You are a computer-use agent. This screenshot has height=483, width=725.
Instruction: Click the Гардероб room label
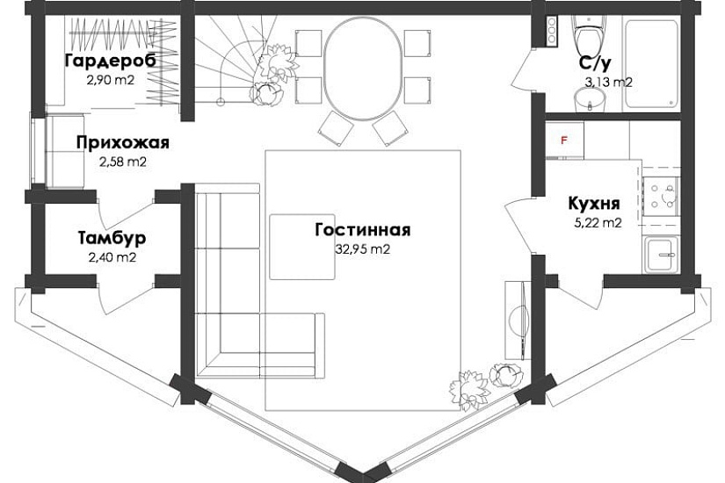pos(111,61)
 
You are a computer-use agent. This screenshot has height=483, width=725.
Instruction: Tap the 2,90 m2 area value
pos(111,80)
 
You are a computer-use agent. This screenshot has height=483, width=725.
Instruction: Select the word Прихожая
pos(123,143)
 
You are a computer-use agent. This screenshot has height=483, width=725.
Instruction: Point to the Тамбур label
pos(112,238)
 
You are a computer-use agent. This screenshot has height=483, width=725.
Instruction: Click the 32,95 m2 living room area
pos(362,249)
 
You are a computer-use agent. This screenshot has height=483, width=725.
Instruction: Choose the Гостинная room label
pos(363,230)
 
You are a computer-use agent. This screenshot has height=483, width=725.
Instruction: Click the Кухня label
pos(594,204)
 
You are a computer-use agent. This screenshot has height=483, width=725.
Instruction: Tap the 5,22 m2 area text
pos(598,223)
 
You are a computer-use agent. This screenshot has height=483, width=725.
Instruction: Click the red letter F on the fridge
pos(563,140)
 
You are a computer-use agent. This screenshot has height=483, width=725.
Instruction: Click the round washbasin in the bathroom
pos(590,99)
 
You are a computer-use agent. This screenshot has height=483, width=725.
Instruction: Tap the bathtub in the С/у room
pos(652,63)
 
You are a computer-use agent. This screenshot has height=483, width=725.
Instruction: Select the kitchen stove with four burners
pos(660,196)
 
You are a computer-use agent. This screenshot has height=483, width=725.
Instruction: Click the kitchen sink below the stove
pos(662,254)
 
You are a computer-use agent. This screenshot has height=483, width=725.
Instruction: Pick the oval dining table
pos(362,68)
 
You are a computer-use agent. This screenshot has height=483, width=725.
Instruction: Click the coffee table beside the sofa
pos(302,247)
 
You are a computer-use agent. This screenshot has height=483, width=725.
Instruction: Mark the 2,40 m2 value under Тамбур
pos(112,257)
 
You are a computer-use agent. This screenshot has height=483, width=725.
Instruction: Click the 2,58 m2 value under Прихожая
pos(123,162)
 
